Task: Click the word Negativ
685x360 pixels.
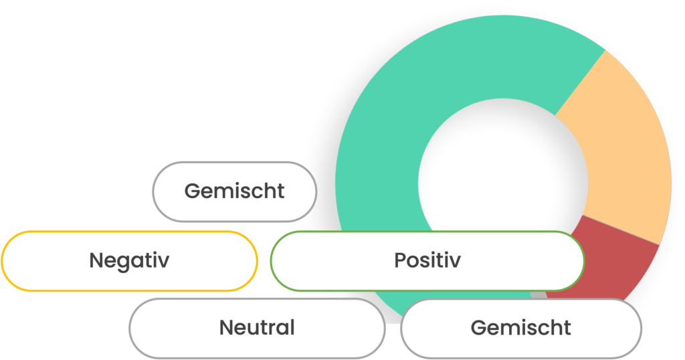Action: tap(129, 260)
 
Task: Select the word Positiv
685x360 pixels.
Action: tap(427, 260)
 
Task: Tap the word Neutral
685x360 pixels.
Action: tap(257, 328)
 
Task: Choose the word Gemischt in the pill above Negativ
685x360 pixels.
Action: tap(234, 191)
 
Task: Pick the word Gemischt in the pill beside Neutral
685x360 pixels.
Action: tap(520, 328)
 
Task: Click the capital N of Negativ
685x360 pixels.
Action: tap(96, 260)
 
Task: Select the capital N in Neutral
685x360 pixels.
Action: tap(226, 328)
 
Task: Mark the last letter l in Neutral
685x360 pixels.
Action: tap(292, 327)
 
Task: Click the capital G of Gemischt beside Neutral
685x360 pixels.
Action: tap(478, 328)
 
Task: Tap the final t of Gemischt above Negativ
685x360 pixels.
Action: tap(280, 191)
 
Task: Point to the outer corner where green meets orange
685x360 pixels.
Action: tap(605, 50)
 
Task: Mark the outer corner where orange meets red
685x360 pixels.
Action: tap(660, 244)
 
